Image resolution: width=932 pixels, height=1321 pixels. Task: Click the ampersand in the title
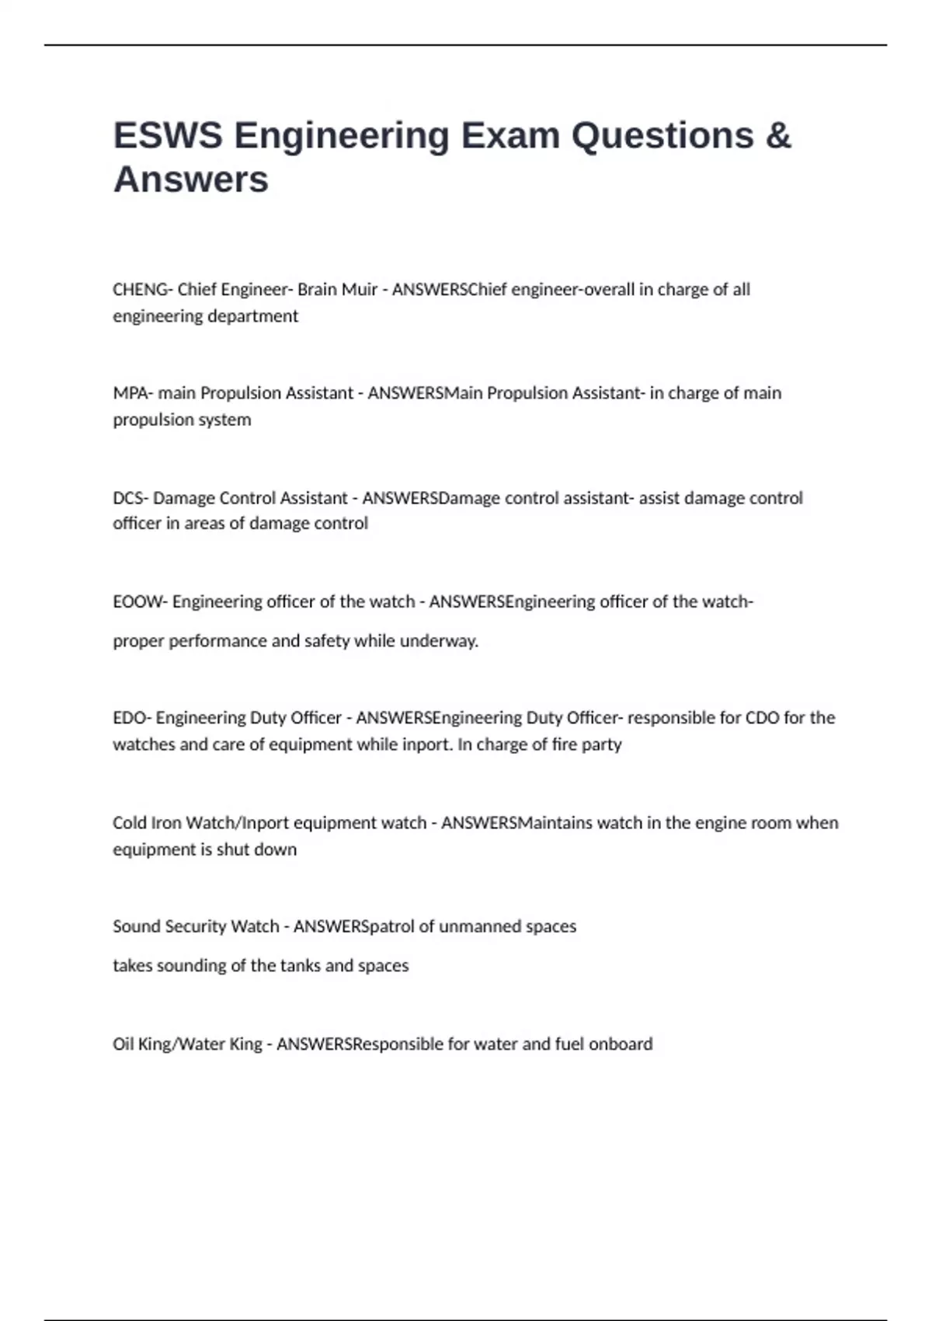pyautogui.click(x=778, y=136)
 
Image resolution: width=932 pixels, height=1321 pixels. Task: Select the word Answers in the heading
pyautogui.click(x=191, y=180)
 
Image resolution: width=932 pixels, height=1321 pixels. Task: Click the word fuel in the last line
pyautogui.click(x=569, y=1044)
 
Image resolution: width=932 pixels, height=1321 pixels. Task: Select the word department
pyautogui.click(x=254, y=316)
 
